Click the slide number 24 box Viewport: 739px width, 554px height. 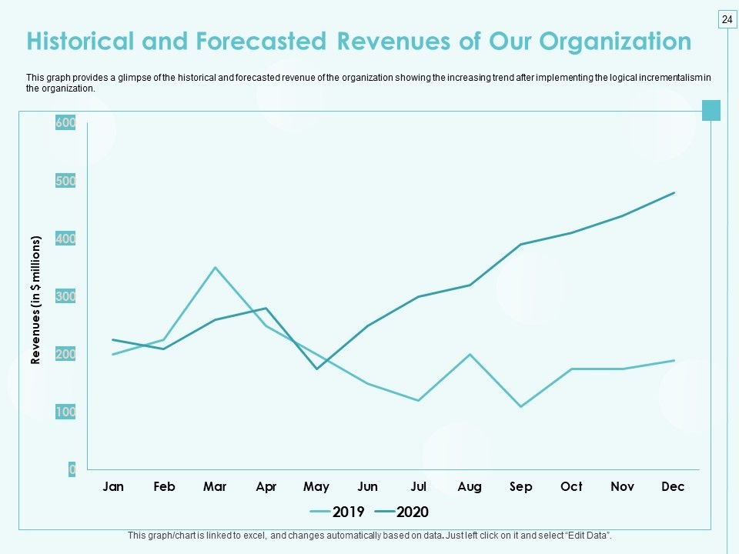click(727, 19)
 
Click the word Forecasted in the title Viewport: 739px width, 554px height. click(261, 41)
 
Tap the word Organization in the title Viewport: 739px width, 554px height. click(615, 42)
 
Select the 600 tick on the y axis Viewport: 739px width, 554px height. click(65, 122)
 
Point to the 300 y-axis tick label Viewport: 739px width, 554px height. click(65, 296)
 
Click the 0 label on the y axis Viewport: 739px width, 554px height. click(72, 469)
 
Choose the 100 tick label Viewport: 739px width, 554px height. click(65, 412)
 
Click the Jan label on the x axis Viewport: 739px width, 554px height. click(113, 486)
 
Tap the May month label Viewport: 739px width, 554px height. click(316, 487)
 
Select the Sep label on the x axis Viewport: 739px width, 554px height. click(521, 487)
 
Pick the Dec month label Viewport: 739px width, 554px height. click(673, 486)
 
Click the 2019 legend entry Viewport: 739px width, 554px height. click(337, 512)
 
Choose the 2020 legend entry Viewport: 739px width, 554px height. click(402, 512)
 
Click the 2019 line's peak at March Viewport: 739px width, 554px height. click(215, 268)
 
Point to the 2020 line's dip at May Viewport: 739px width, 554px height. click(316, 369)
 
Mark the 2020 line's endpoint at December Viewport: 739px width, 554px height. click(674, 192)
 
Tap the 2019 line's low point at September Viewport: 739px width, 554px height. click(521, 406)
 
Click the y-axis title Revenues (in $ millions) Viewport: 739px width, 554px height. click(35, 300)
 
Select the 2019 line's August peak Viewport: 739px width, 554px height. click(470, 354)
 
